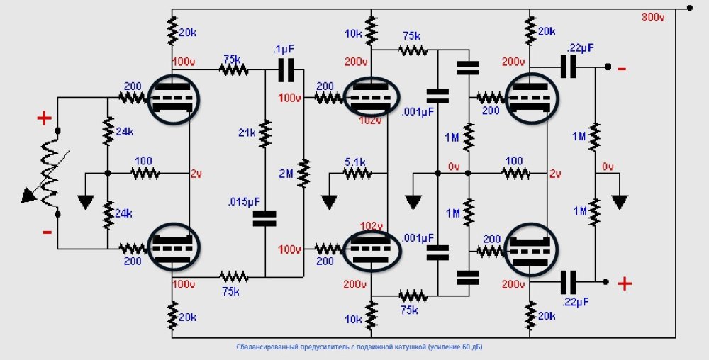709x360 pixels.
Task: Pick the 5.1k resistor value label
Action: [356, 162]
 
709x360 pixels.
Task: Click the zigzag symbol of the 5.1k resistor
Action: [357, 173]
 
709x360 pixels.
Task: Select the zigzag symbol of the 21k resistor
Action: [265, 133]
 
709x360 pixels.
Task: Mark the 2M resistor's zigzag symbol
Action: [303, 172]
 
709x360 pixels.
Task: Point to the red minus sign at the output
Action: [622, 68]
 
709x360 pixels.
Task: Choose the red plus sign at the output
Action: [625, 284]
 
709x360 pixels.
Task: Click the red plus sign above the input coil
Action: [44, 118]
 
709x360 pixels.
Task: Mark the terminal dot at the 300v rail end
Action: [689, 9]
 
